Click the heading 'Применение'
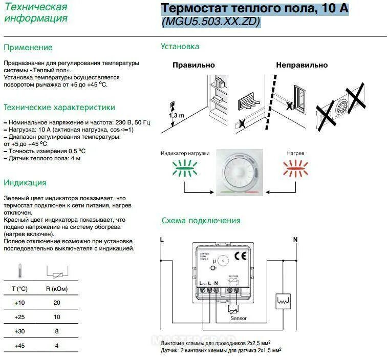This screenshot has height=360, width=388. point(28,48)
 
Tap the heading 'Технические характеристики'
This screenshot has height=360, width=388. point(59,108)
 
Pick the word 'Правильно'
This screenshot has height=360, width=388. point(193,65)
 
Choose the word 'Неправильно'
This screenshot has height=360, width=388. point(301,65)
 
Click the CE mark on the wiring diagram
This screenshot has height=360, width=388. point(240,257)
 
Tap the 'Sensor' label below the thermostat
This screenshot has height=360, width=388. point(239,319)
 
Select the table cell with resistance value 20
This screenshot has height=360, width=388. point(57,303)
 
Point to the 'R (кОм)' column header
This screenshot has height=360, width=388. point(57,288)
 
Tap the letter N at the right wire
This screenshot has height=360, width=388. point(295,239)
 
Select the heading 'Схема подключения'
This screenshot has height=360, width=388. point(201,221)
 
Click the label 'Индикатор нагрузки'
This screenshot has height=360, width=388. point(185,153)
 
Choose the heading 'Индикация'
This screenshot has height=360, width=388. point(25,183)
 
